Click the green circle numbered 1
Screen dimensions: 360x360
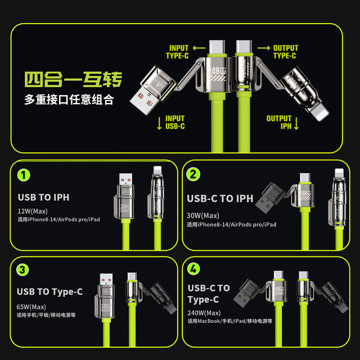(x=23, y=175)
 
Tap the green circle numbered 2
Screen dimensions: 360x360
(x=193, y=175)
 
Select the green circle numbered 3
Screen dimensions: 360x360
(x=23, y=270)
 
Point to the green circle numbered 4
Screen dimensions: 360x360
(x=193, y=270)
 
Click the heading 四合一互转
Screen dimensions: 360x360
(x=73, y=79)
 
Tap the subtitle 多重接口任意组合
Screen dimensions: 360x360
(x=69, y=100)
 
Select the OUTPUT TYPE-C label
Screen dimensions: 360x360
(x=285, y=52)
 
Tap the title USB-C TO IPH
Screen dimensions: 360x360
(x=220, y=198)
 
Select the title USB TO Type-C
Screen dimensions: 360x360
(x=49, y=291)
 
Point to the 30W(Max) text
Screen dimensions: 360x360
(x=202, y=215)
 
